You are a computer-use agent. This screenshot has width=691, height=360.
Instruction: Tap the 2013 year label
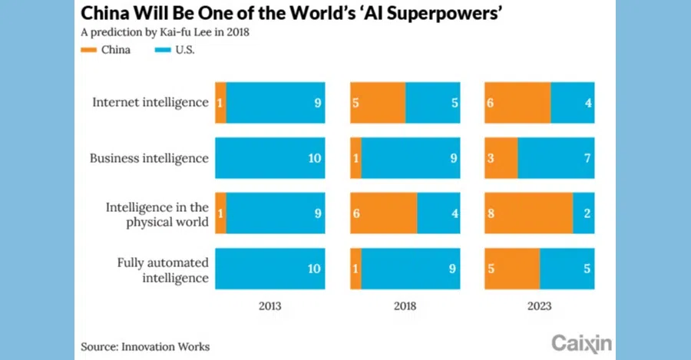[269, 306]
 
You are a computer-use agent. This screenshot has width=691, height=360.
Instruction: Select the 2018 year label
[405, 306]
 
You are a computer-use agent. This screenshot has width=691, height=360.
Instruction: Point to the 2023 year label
[539, 306]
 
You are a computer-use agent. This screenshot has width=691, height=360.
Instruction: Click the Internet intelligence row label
[150, 102]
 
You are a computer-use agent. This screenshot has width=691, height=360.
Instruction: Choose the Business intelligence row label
[149, 158]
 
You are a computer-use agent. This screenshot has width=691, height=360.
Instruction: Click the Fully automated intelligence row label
[162, 269]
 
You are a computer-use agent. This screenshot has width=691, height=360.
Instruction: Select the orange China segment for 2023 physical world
[529, 214]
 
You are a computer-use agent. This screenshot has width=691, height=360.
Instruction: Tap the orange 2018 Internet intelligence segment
[378, 102]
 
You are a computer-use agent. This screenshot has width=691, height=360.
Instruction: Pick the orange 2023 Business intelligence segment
[501, 158]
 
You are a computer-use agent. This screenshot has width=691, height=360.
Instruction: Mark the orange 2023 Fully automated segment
[512, 269]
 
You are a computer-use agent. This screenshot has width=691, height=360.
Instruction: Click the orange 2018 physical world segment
[384, 214]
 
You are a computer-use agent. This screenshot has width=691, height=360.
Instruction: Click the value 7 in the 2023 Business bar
[587, 158]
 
